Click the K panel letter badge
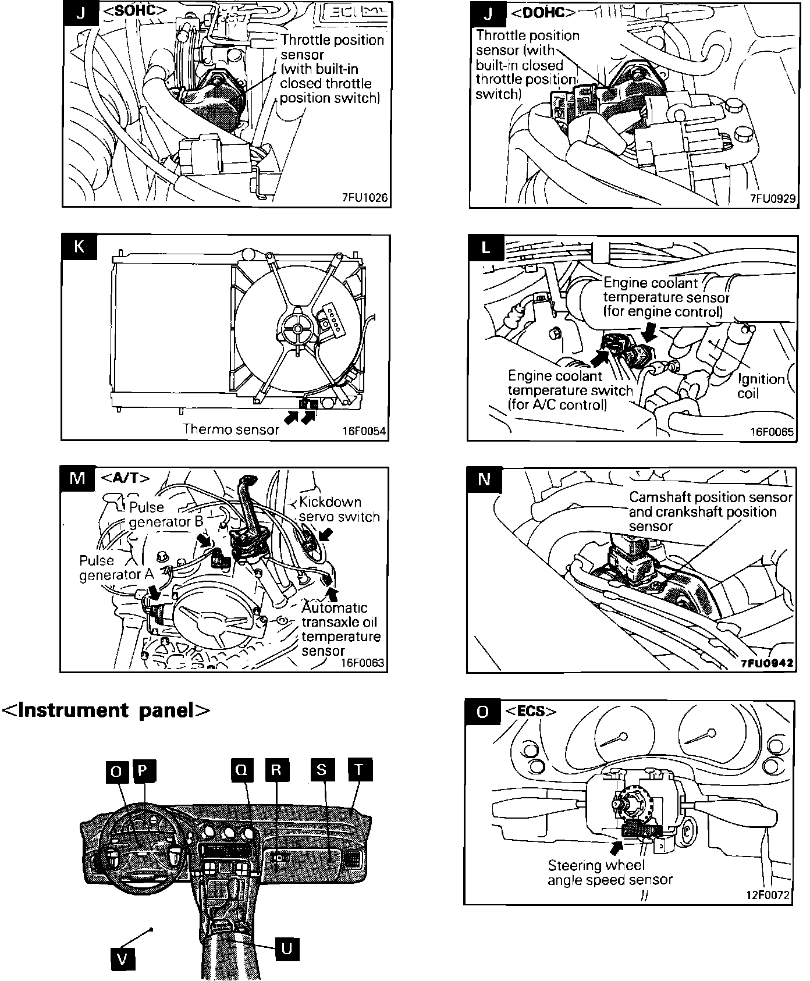79,246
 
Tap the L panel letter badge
485,247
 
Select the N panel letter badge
484,479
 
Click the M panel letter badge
77,478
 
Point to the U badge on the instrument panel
286,949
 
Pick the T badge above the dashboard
358,770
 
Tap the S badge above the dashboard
322,770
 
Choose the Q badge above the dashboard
241,770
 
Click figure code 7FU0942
766,663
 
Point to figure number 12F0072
768,895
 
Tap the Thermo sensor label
231,429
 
